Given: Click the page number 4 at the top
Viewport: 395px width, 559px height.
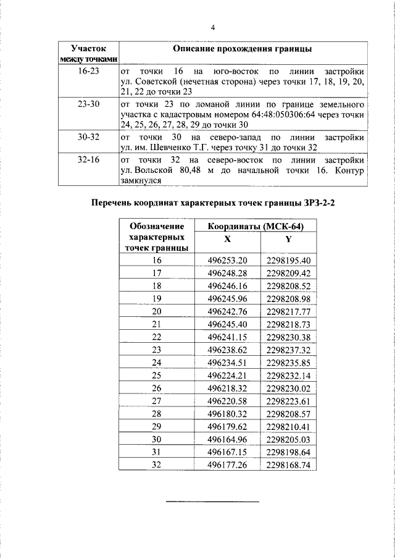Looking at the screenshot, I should coord(213,28).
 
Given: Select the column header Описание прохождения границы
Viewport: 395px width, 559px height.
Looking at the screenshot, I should coord(243,48).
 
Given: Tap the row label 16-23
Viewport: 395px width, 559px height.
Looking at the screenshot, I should coord(88,72).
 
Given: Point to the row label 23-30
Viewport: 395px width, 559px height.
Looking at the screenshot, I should coord(88,104).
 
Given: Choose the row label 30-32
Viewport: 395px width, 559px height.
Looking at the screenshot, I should coord(88,137).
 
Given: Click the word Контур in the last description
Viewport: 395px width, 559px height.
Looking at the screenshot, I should coord(349,169).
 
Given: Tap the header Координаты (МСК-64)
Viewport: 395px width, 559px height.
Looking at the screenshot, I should coord(254,226).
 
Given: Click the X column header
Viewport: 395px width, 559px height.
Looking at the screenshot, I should coord(228,240).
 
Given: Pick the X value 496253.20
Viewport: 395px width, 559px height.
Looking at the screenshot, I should coord(227,260).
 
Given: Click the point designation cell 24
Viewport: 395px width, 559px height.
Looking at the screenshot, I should coord(156,362).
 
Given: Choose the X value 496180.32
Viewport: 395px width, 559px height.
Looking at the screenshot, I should coord(227,413).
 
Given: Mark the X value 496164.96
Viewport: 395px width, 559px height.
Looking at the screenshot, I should coord(227,439).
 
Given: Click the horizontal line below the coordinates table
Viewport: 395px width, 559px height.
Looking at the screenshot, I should coord(213,501).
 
